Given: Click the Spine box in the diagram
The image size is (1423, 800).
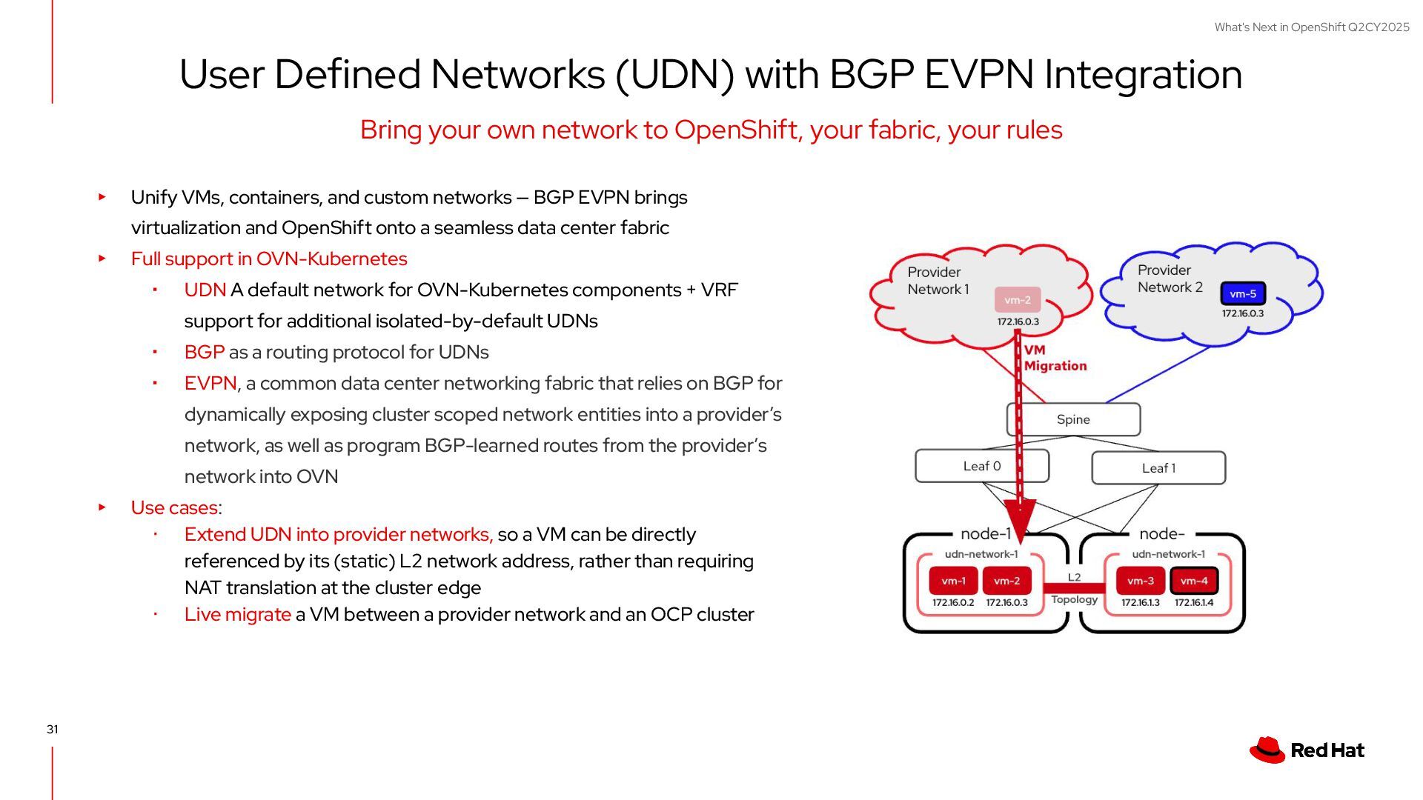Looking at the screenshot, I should (1072, 419).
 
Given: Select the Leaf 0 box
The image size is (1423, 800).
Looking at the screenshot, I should (981, 466).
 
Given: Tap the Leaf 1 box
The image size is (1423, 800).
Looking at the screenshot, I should (1158, 468).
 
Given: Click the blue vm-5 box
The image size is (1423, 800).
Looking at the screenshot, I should (1243, 294).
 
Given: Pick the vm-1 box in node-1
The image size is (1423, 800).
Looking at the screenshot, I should (953, 581).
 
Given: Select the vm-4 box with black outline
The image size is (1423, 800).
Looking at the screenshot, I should (1193, 581).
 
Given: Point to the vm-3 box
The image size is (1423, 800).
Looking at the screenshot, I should (1140, 581).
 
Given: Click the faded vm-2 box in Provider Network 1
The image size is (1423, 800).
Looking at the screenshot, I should (1017, 300).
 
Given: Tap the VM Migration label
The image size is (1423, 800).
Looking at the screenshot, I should (1055, 358).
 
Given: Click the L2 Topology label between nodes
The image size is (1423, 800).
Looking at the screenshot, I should (1074, 588).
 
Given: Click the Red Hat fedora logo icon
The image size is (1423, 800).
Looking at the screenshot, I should (1267, 750).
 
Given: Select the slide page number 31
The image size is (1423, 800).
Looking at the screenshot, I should (53, 730).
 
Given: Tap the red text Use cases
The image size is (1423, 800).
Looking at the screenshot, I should (174, 508).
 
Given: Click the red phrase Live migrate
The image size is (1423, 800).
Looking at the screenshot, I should (237, 615).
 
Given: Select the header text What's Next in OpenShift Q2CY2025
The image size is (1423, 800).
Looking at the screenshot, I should (1311, 27).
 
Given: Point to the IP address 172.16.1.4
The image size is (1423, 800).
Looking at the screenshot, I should (1193, 603).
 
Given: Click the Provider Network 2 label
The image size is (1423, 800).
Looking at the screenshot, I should (1170, 279).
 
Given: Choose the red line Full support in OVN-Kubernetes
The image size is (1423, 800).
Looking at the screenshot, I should (269, 259).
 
